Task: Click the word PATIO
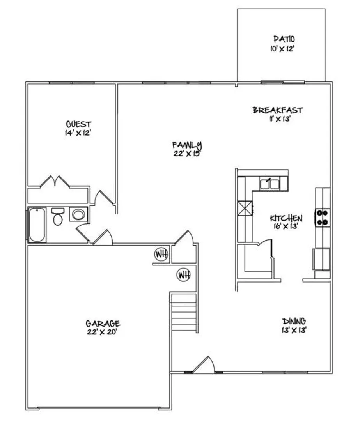(284, 39)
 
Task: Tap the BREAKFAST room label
(278, 110)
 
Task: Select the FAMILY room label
(187, 145)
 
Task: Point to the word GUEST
(79, 124)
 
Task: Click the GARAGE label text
(103, 323)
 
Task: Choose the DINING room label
(294, 321)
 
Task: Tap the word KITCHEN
(286, 218)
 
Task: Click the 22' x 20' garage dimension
(102, 332)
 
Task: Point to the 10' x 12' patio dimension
(283, 49)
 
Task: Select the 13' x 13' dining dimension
(294, 330)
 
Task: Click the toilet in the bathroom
(58, 216)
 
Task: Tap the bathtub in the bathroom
(37, 225)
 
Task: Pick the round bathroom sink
(78, 214)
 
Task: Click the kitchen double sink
(270, 184)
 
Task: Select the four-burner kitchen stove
(323, 218)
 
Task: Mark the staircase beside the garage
(184, 312)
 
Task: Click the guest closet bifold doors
(55, 181)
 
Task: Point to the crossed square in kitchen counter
(245, 208)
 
